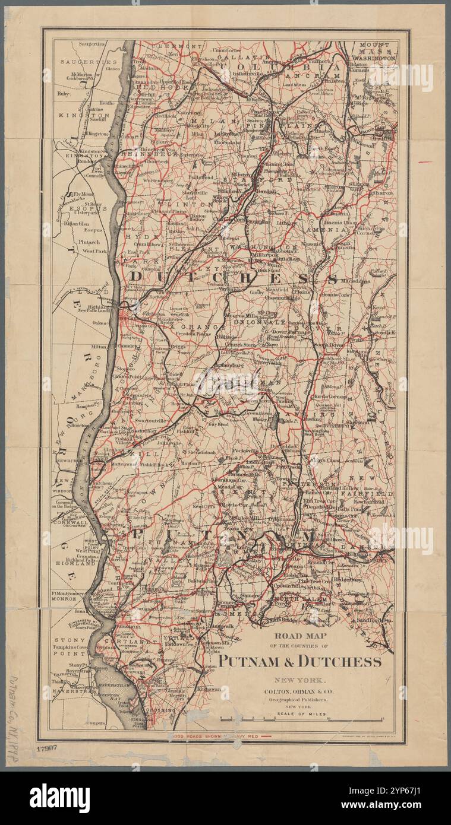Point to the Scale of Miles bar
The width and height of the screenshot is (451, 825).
coord(301,719)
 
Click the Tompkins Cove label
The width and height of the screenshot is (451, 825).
coord(71,646)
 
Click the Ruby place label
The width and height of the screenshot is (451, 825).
coord(63,93)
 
